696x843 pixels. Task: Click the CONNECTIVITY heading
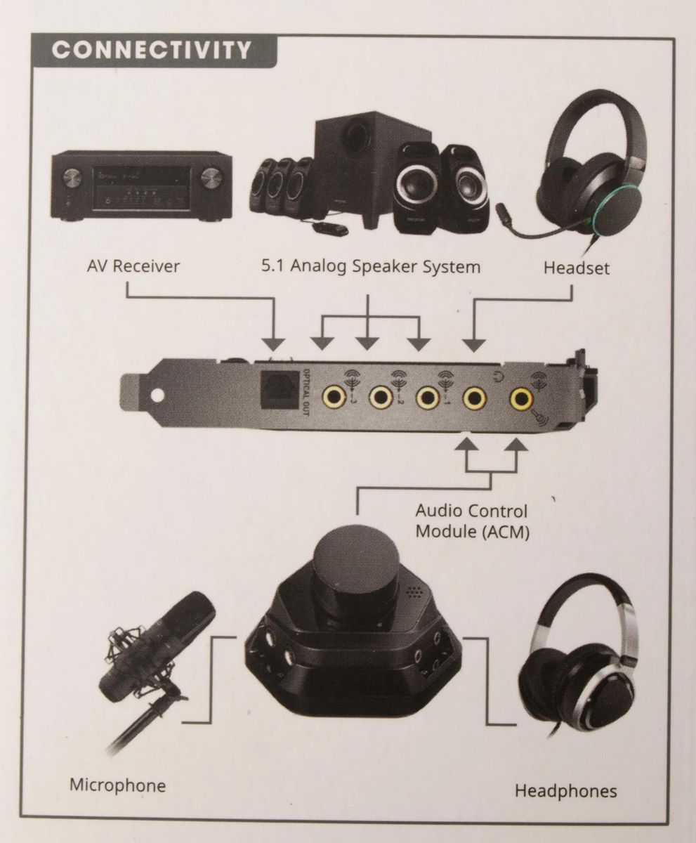[x=152, y=51]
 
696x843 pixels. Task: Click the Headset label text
[x=577, y=268]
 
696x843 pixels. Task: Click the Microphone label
[x=118, y=784]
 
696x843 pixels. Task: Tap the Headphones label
[x=566, y=791]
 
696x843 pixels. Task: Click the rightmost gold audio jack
[x=521, y=399]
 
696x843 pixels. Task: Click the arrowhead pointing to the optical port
[x=274, y=344]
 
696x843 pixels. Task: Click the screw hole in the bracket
[x=153, y=394]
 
